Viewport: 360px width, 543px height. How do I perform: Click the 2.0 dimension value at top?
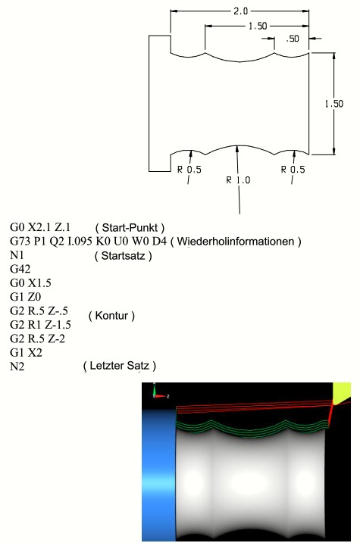click(240, 11)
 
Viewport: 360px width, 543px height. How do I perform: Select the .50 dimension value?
click(293, 39)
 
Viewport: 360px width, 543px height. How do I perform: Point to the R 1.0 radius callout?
click(238, 180)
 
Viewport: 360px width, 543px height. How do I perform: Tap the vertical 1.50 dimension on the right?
click(334, 104)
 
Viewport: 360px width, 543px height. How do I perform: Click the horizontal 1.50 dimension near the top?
click(258, 26)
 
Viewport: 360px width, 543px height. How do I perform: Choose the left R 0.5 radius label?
click(189, 170)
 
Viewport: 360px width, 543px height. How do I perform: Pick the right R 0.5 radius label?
click(293, 170)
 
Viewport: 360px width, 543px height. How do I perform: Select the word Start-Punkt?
click(130, 227)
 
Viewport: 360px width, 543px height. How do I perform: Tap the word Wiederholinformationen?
click(236, 242)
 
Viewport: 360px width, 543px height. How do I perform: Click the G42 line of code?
click(20, 269)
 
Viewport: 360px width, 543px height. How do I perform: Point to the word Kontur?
click(111, 316)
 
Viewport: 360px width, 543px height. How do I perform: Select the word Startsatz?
click(123, 256)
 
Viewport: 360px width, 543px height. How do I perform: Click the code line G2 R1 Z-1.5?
click(40, 324)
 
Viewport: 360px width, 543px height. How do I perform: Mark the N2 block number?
click(17, 366)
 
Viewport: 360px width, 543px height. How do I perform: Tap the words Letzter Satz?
click(119, 366)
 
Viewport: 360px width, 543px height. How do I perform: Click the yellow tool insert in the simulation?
click(341, 393)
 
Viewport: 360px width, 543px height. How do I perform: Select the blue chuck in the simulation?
click(159, 475)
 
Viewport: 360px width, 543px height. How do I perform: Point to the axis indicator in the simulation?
click(159, 393)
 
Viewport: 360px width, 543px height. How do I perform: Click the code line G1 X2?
click(26, 353)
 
